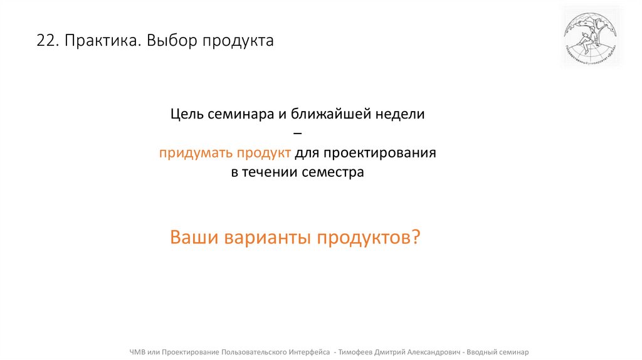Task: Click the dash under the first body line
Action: [297, 134]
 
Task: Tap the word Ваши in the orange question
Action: [192, 238]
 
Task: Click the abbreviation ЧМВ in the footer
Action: [137, 352]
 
